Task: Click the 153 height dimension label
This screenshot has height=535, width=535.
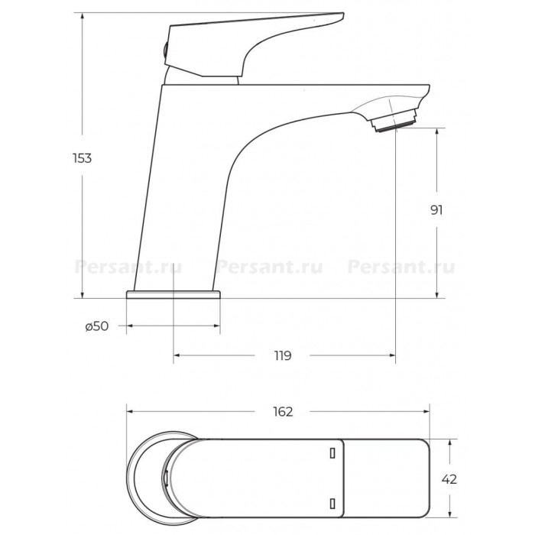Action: click(83, 158)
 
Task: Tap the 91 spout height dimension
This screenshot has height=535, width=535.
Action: click(436, 210)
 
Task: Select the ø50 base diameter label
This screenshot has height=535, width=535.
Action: click(97, 326)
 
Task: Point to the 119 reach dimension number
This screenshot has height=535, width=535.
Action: click(283, 355)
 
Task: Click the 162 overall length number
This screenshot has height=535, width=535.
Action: click(283, 412)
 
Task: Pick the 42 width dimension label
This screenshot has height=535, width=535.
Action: click(449, 479)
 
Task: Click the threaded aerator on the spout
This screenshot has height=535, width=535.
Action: click(394, 120)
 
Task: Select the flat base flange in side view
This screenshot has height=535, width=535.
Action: click(173, 295)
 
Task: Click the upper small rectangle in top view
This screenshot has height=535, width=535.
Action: click(332, 453)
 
